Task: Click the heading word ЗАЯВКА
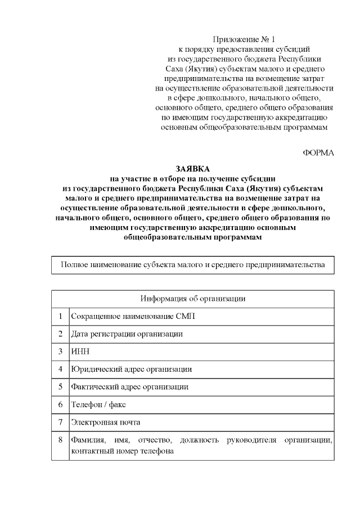(x=192, y=169)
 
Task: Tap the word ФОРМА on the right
(x=318, y=153)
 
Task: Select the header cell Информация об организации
(x=192, y=299)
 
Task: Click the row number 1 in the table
(x=60, y=316)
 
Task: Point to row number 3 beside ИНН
(x=60, y=352)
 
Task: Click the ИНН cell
(x=79, y=352)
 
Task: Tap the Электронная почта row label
(x=105, y=422)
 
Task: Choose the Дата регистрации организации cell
(x=127, y=334)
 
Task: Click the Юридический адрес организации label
(x=131, y=370)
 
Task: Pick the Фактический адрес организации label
(x=129, y=387)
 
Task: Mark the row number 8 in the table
(x=60, y=440)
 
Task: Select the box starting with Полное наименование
(x=192, y=264)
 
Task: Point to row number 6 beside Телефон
(x=60, y=404)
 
